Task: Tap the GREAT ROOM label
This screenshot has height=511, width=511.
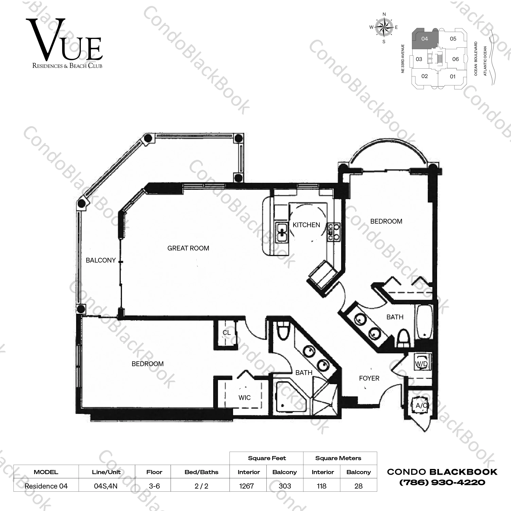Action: coord(188,248)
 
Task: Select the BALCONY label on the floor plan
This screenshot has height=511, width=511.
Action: coord(101,260)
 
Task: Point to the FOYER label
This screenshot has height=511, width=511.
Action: coord(369,378)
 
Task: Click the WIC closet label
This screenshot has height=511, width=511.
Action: coord(244,398)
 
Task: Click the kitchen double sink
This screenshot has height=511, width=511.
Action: coord(282,232)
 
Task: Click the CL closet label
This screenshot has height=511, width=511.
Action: coord(226,333)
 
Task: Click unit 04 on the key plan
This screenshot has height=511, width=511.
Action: coord(425,39)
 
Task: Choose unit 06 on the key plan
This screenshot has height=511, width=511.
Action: coord(455,59)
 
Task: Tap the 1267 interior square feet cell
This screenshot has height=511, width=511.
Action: coord(246,486)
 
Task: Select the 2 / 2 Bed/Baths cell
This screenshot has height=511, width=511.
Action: coord(201,486)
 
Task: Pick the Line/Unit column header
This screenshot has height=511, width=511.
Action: coord(106,472)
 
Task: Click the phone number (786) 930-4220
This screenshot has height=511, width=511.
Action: coord(442,482)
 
